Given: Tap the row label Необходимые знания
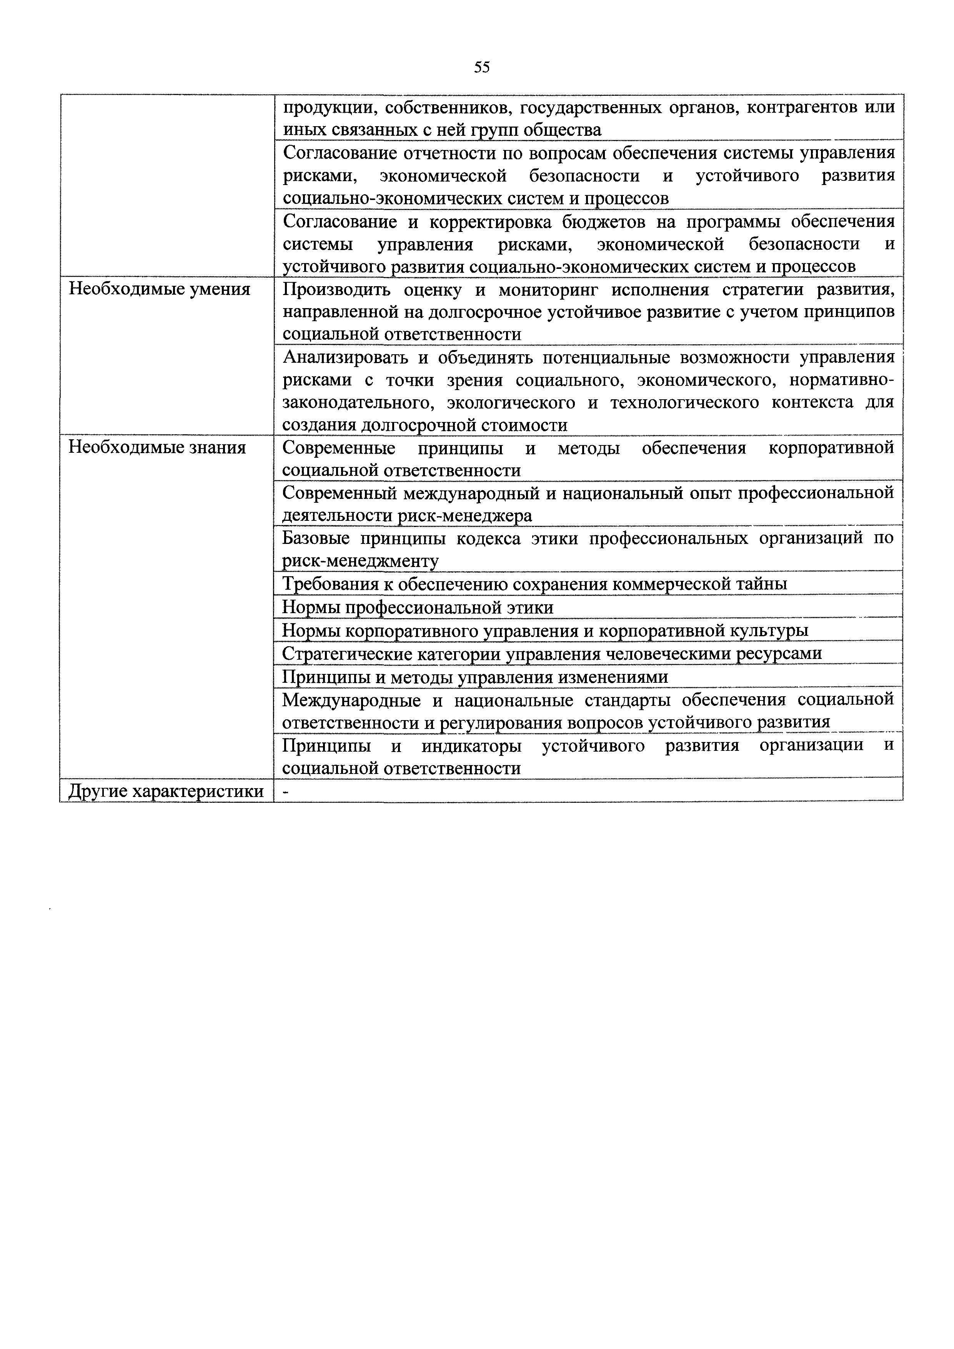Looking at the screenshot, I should tap(157, 448).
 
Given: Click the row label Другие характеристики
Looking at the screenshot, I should tap(166, 791).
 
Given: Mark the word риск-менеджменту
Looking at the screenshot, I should tap(360, 561).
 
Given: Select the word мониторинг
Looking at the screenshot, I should tap(546, 290).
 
